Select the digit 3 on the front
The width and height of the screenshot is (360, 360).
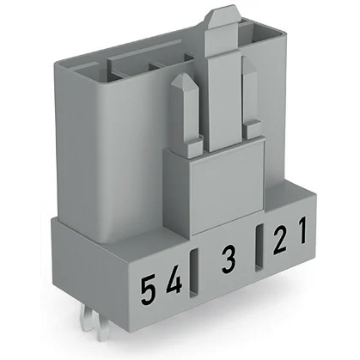pyautogui.click(x=228, y=259)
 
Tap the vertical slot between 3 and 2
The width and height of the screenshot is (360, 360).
pyautogui.click(x=259, y=249)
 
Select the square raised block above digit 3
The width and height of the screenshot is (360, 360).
pyautogui.click(x=225, y=185)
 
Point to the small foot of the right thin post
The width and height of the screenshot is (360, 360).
pyautogui.click(x=253, y=129)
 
